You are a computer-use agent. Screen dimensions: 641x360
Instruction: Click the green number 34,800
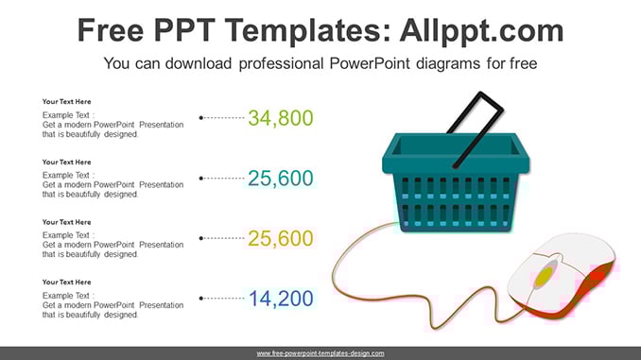click(x=281, y=118)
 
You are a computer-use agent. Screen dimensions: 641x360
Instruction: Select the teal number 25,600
click(x=281, y=179)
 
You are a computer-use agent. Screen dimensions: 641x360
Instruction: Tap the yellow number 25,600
click(x=281, y=238)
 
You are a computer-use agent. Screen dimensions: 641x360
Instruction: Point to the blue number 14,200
click(x=281, y=299)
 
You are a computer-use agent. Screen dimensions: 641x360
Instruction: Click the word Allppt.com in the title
click(x=481, y=31)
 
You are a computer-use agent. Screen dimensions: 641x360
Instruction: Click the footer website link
click(x=320, y=353)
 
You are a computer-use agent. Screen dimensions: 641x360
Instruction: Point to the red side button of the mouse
click(x=598, y=276)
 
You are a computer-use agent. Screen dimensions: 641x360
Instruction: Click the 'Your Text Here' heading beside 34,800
click(x=66, y=102)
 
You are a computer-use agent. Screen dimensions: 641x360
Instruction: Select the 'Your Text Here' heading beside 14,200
click(x=66, y=283)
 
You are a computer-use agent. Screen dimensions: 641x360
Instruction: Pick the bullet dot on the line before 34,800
click(x=200, y=118)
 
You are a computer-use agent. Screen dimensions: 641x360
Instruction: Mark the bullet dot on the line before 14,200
click(x=200, y=299)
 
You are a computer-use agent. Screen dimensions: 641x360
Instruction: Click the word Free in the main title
click(x=111, y=31)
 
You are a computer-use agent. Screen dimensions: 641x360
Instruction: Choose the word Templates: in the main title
click(x=305, y=31)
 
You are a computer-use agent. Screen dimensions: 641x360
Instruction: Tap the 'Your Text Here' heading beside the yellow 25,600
click(x=66, y=222)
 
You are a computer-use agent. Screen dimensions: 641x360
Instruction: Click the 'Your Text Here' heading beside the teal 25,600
click(x=66, y=163)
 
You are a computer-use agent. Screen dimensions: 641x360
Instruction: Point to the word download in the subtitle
click(x=198, y=63)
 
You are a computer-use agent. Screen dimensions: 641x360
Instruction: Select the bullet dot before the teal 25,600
click(x=200, y=179)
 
